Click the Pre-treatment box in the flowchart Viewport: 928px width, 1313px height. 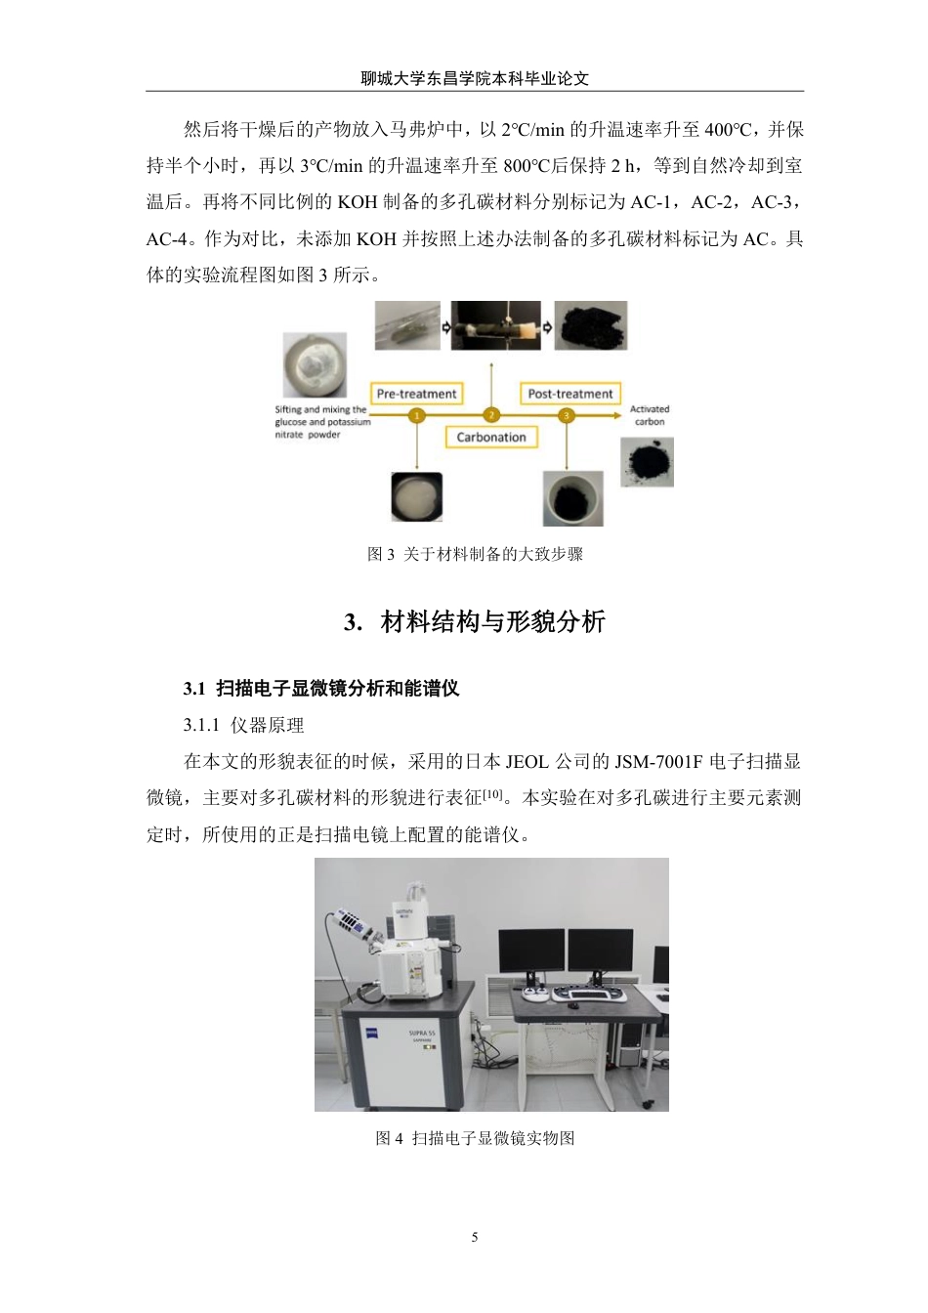[416, 394]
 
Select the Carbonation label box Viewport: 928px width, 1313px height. [491, 437]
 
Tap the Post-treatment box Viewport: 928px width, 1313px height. [569, 394]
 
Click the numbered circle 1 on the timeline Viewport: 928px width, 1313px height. [417, 415]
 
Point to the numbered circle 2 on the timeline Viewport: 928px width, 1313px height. [491, 415]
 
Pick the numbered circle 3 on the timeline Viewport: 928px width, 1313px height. [567, 415]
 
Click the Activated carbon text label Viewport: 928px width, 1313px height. [649, 415]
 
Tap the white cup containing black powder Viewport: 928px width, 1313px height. [573, 498]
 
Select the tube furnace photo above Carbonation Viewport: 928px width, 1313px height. [495, 326]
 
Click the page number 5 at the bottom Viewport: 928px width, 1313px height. [475, 1237]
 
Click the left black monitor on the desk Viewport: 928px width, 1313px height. [530, 951]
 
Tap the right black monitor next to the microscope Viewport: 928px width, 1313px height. [600, 951]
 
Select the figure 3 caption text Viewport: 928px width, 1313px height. [475, 554]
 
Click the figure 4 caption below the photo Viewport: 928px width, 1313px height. [475, 1138]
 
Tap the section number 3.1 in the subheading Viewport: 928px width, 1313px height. [193, 689]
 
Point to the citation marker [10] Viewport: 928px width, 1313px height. [493, 795]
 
